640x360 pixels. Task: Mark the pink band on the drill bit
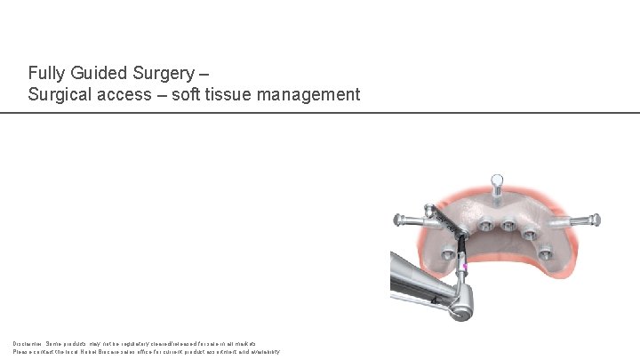tap(465, 264)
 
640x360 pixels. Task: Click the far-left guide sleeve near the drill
tap(460, 233)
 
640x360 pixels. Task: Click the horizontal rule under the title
tap(320, 113)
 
